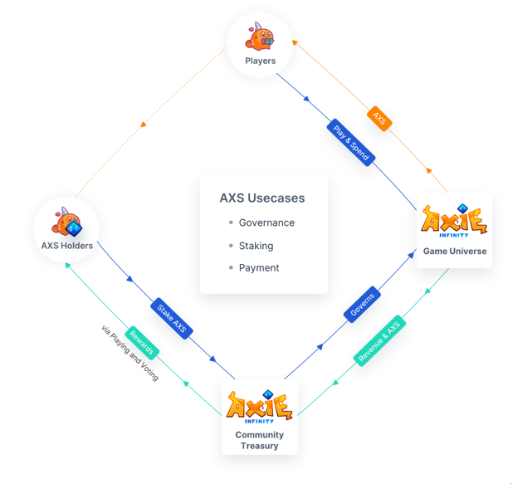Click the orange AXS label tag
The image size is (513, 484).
point(379,119)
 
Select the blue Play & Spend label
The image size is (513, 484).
point(351,143)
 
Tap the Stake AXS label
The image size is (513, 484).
point(172,319)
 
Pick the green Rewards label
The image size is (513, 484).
point(142,343)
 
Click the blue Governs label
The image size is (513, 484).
point(362,305)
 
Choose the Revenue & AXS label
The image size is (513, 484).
point(379,340)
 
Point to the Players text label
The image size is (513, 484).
point(261,61)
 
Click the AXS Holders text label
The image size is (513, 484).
point(67,246)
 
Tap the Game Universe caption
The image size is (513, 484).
point(455,251)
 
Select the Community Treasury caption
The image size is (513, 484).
point(260,440)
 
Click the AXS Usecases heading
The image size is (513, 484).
point(262,198)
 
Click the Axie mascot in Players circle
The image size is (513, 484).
point(260,37)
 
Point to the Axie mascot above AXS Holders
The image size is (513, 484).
point(66,222)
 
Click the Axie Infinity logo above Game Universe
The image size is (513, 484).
point(454,220)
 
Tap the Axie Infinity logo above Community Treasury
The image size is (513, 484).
point(260,407)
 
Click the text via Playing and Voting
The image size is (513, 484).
point(129,353)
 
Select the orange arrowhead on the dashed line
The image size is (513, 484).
point(144,125)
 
